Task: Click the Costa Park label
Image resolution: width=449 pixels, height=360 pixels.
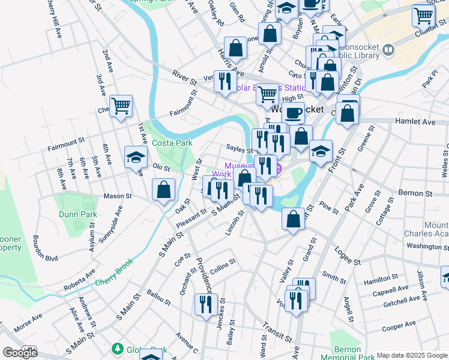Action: (172, 143)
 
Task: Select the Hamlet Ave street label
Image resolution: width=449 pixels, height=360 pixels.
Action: (415, 121)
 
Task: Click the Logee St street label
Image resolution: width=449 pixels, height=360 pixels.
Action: (348, 256)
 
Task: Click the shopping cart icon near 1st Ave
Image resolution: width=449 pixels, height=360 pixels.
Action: (121, 106)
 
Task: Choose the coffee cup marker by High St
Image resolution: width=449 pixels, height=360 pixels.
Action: (293, 112)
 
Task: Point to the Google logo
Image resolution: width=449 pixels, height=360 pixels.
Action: (20, 353)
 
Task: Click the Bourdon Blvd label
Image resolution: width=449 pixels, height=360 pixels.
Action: (45, 250)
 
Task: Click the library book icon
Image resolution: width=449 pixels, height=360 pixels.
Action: (388, 49)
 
